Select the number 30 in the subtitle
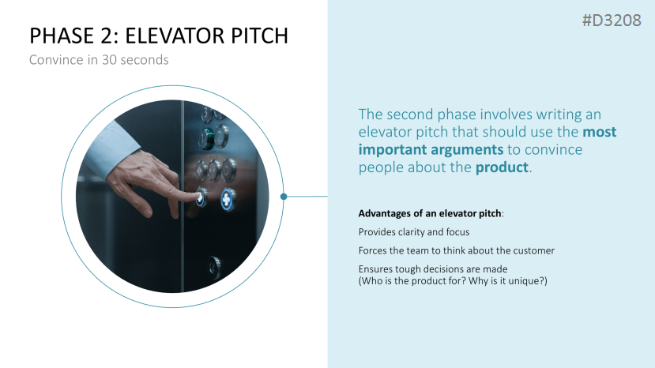pyautogui.click(x=109, y=60)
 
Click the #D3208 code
pyautogui.click(x=612, y=20)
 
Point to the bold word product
pyautogui.click(x=502, y=167)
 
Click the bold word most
pyautogui.click(x=600, y=132)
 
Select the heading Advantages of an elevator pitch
pyautogui.click(x=430, y=213)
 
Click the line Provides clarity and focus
pyautogui.click(x=414, y=232)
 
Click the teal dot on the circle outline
pyautogui.click(x=284, y=197)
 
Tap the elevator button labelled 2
pyautogui.click(x=220, y=136)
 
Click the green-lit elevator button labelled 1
pyautogui.click(x=206, y=139)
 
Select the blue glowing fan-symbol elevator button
pyautogui.click(x=228, y=199)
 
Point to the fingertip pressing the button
pyautogui.click(x=198, y=196)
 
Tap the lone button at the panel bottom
pyautogui.click(x=214, y=267)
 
